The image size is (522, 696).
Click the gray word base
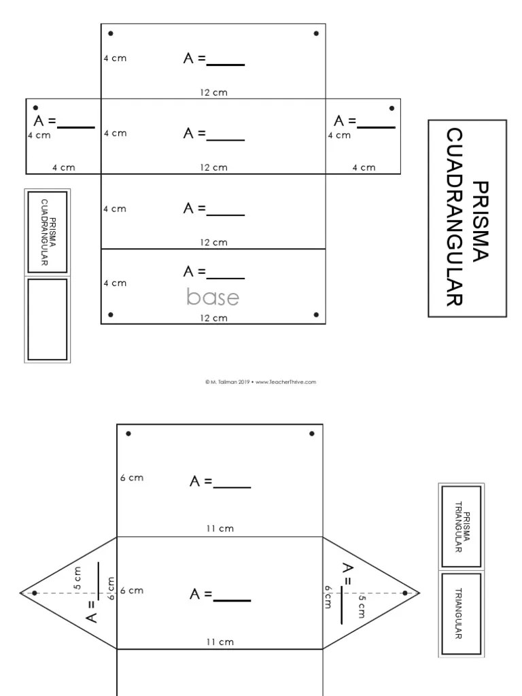(x=213, y=298)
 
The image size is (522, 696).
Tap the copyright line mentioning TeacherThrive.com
(x=260, y=382)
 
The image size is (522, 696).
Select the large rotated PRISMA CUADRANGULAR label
(x=467, y=218)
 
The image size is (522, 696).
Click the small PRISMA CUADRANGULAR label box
(x=48, y=232)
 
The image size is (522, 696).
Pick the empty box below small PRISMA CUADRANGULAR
(x=48, y=319)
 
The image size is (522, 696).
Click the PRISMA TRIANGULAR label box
(x=462, y=526)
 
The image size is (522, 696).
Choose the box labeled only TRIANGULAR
(x=462, y=614)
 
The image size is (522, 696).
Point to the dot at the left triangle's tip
(x=35, y=593)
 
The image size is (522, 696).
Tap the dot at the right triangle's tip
(x=405, y=593)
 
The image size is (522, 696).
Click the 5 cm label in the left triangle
(x=77, y=577)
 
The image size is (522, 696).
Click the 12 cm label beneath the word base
(x=213, y=318)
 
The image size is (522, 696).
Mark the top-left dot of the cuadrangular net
(x=110, y=33)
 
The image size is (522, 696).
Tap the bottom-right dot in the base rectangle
(x=316, y=314)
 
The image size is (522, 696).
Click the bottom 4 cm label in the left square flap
(x=63, y=167)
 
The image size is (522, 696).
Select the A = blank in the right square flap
(x=364, y=122)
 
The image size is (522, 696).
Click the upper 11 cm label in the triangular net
(x=220, y=527)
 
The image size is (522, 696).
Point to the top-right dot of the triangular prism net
(x=312, y=433)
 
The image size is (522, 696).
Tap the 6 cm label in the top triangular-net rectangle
(x=132, y=478)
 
